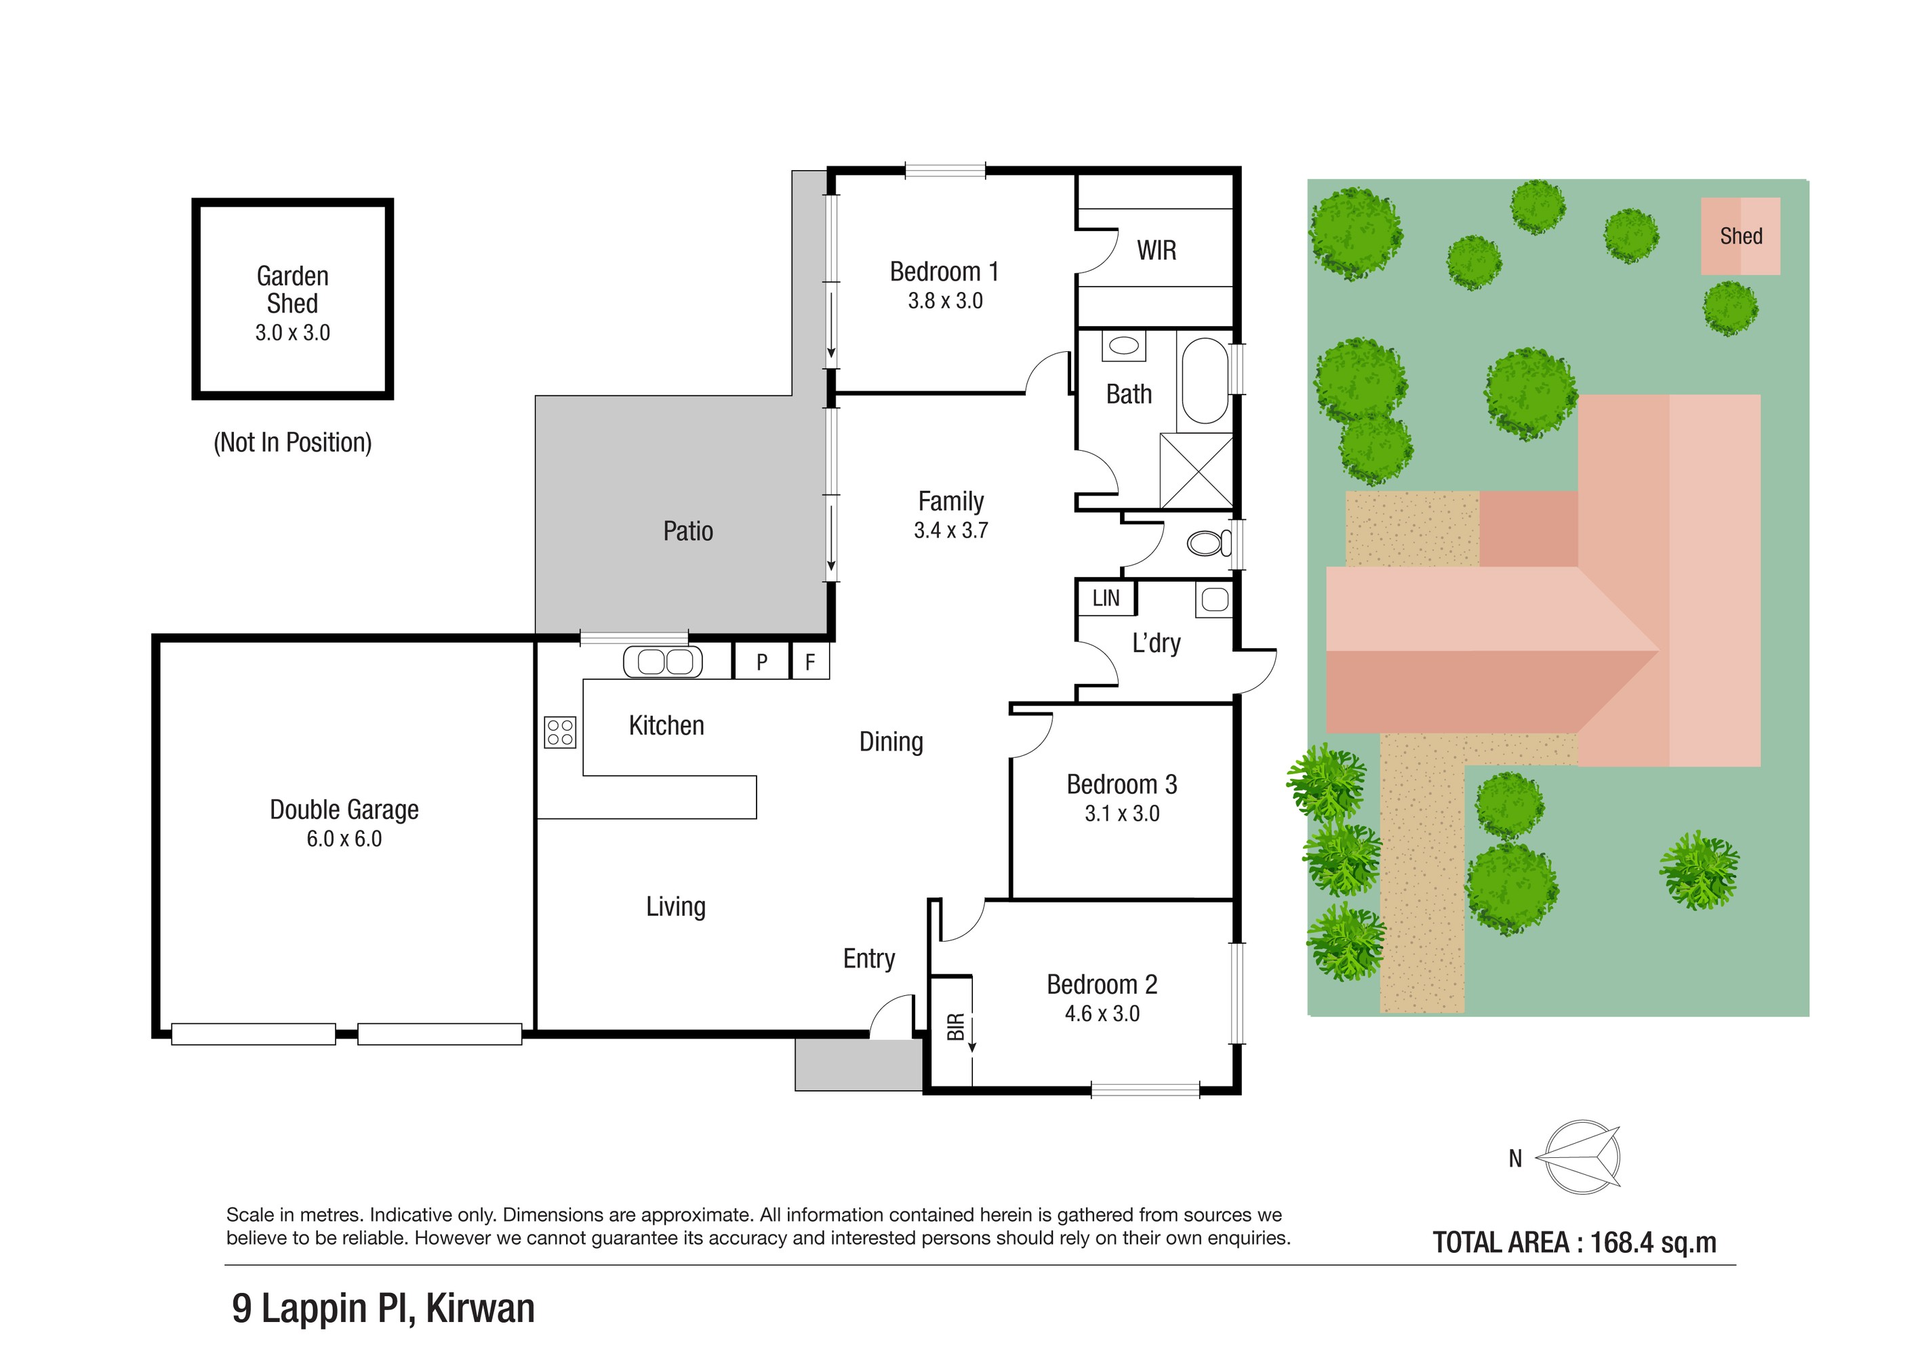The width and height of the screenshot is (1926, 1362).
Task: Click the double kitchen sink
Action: [664, 662]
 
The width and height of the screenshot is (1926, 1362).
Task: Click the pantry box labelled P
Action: [762, 661]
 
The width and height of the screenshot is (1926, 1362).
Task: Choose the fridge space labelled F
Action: [809, 661]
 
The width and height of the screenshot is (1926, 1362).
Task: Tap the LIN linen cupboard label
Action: [1106, 598]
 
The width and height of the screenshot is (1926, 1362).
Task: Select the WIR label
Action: [1156, 250]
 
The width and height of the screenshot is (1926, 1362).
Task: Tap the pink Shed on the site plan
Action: [1741, 236]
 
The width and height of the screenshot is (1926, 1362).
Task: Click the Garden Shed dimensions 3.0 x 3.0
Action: [293, 333]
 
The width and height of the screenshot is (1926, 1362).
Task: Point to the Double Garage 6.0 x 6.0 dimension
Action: [344, 839]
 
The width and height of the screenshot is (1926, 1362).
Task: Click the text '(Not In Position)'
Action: [293, 442]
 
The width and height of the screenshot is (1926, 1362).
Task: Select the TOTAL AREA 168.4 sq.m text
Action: [1575, 1242]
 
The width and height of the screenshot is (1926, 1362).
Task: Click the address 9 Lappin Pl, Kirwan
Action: [383, 1308]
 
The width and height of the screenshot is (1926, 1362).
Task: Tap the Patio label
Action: [688, 531]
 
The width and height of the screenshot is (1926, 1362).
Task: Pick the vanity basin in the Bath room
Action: [1123, 346]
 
